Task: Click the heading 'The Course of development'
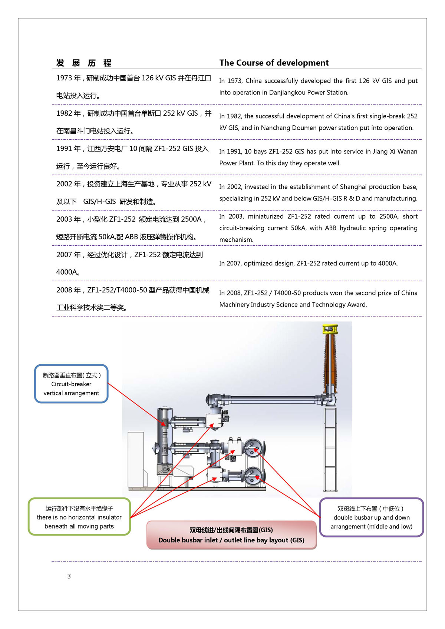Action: pos(274,63)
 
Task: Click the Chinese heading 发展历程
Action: pos(84,63)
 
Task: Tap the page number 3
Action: pos(69,576)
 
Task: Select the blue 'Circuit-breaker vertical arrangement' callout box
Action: pos(71,384)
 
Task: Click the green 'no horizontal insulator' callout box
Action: pos(79,517)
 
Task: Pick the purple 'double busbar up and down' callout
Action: pos(371,517)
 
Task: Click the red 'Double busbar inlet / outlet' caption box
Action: pos(231,535)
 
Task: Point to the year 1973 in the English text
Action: pos(234,81)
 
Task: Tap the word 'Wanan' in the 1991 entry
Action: pos(408,152)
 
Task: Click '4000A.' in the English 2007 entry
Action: pos(388,264)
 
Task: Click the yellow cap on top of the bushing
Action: pos(330,328)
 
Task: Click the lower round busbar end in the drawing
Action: pos(253,475)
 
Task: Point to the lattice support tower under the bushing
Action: pos(330,448)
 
